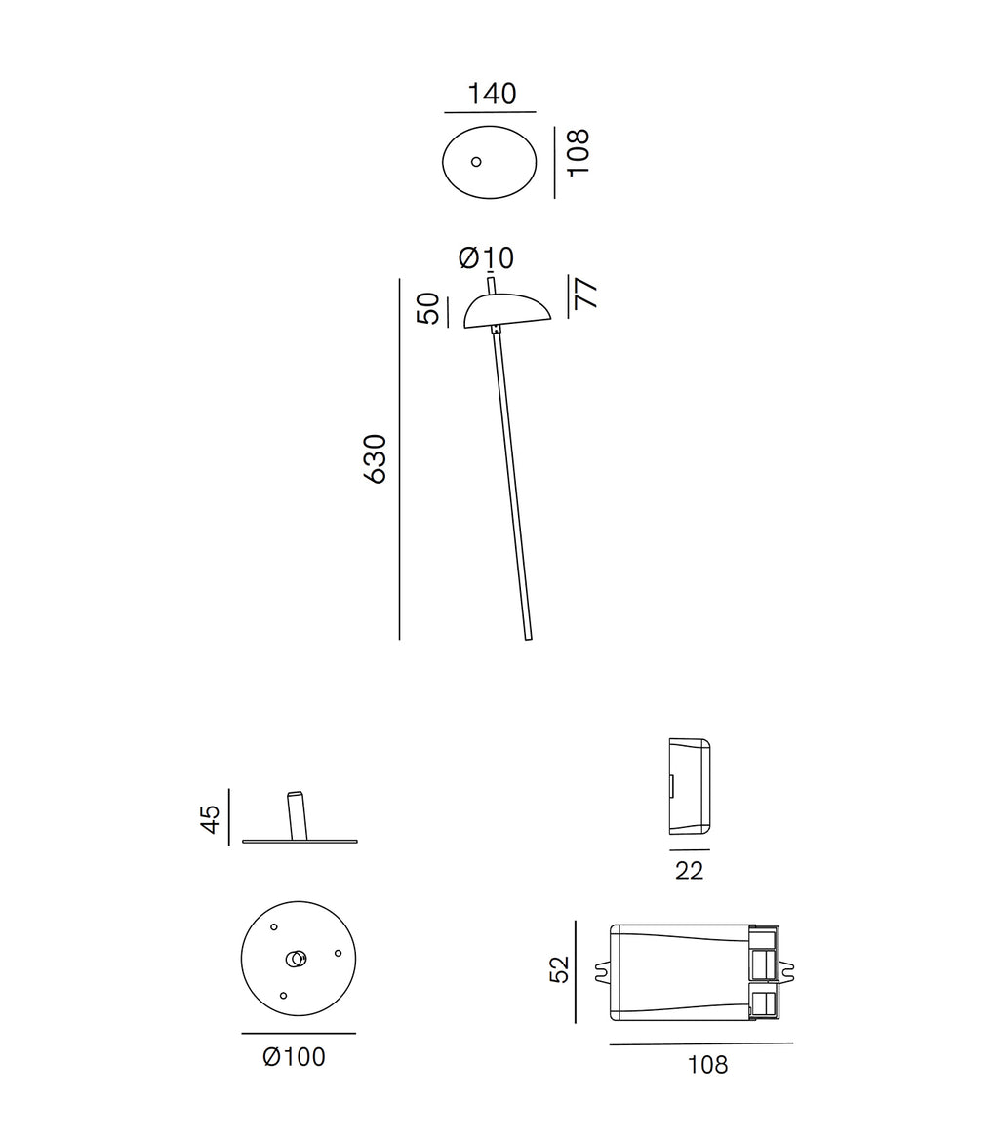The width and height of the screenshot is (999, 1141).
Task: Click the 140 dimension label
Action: click(491, 94)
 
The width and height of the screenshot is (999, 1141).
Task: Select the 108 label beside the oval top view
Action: click(578, 151)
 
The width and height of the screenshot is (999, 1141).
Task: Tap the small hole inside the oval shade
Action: click(476, 161)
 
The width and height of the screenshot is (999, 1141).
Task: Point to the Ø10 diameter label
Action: click(485, 258)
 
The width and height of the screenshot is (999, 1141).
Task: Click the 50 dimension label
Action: click(428, 310)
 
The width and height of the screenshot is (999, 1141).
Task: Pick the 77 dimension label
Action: click(585, 294)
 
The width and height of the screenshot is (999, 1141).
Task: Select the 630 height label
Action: click(375, 458)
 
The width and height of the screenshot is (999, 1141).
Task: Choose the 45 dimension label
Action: click(211, 818)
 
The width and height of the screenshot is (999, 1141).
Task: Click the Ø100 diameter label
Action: click(294, 1056)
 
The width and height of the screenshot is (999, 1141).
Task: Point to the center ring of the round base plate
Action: click(295, 959)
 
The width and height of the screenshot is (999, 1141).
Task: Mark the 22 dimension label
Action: click(689, 871)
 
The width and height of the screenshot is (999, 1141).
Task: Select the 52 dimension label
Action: click(559, 968)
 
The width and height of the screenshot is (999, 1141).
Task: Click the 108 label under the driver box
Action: click(707, 1065)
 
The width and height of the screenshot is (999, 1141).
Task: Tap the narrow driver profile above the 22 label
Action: click(689, 786)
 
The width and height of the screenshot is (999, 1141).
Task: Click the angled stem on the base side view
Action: click(297, 815)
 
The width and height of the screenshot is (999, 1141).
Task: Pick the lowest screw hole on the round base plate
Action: click(283, 996)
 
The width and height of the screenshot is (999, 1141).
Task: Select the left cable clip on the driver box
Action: click(601, 972)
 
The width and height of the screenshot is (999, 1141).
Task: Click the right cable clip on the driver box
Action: click(786, 972)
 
